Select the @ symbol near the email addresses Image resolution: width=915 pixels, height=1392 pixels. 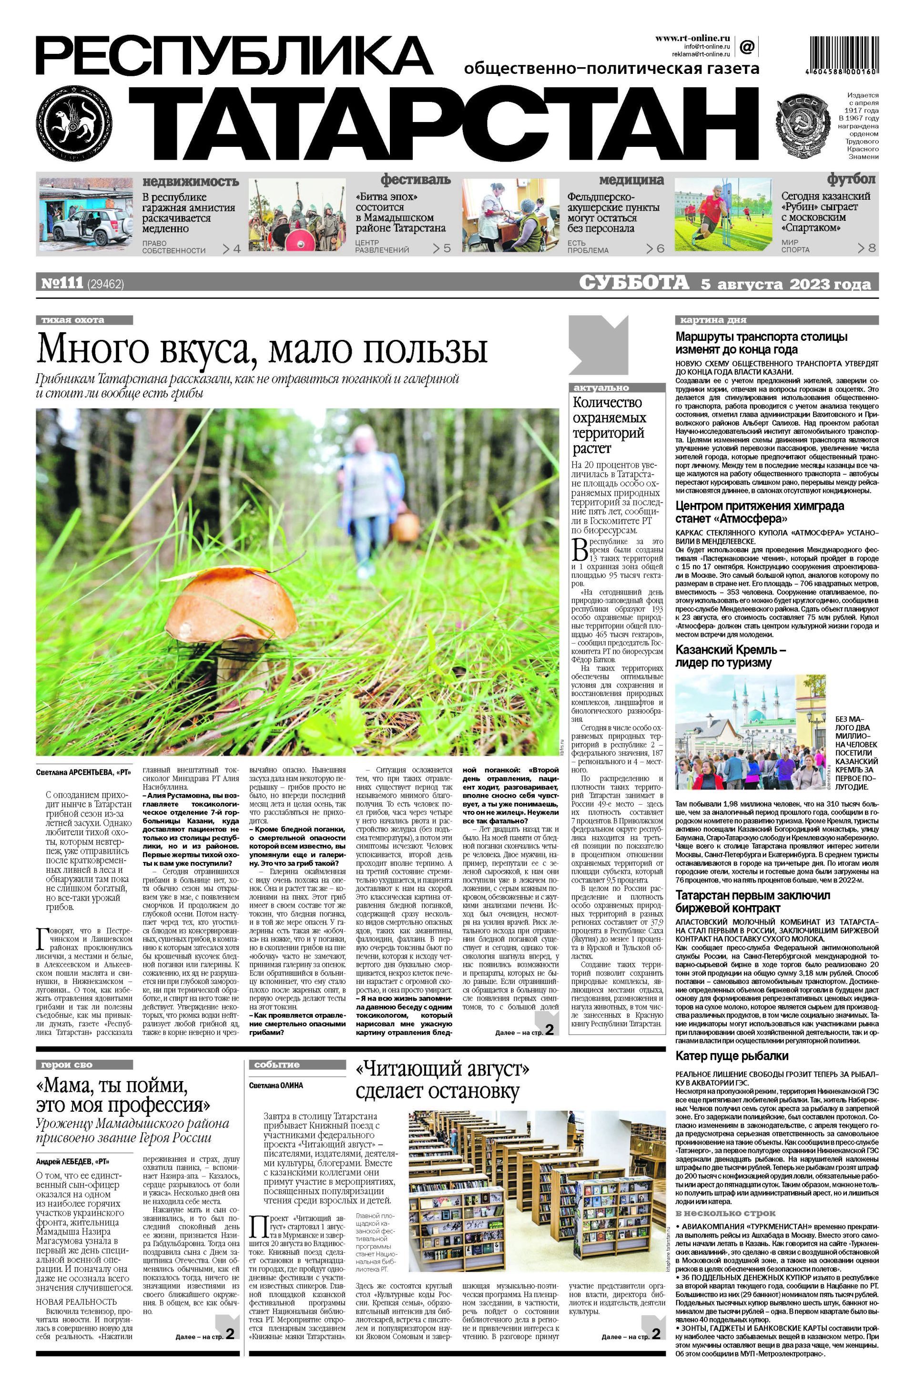(x=747, y=46)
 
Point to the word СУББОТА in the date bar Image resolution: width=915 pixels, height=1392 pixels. (x=634, y=283)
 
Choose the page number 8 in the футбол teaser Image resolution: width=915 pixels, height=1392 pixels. (x=872, y=248)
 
